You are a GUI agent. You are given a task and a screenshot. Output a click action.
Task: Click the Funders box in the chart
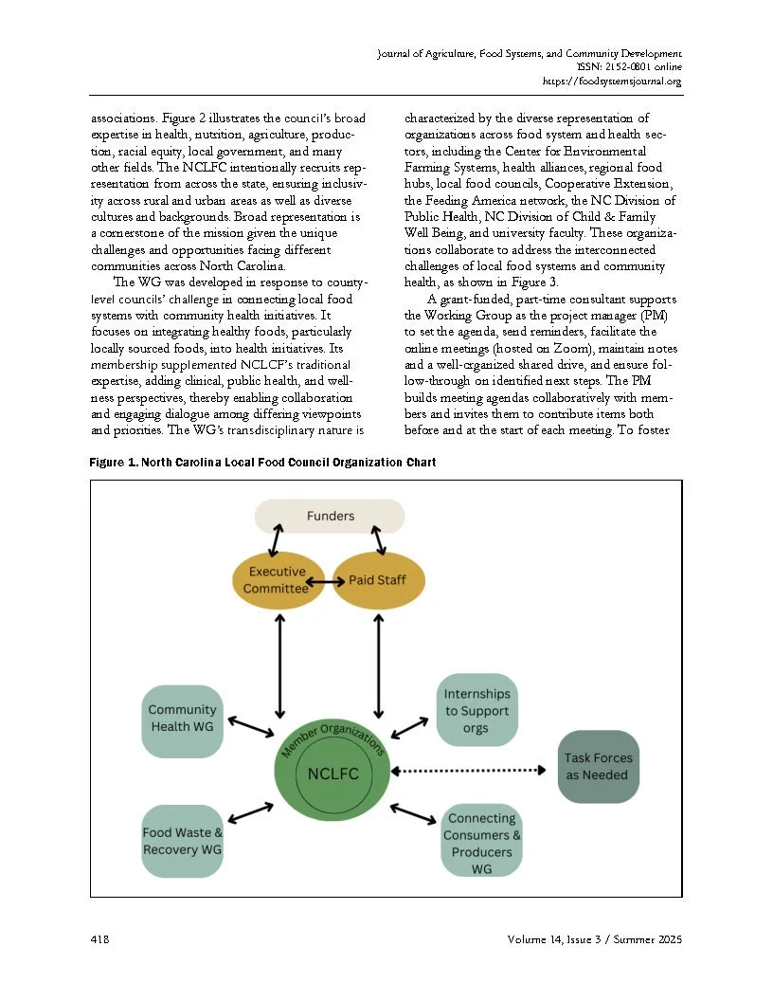[x=330, y=516]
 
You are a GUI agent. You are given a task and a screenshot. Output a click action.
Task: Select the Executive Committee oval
[x=277, y=580]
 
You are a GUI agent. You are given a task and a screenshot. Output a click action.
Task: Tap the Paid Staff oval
[x=380, y=579]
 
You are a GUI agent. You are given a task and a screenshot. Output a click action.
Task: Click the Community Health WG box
[x=183, y=719]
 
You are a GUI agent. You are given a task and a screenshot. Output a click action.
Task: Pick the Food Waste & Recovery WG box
[x=183, y=841]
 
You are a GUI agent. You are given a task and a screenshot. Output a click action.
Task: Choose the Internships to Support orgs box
[x=476, y=711]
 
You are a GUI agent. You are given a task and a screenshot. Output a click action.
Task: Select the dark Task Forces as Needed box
[x=599, y=766]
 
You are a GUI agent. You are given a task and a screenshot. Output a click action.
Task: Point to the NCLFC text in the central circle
[x=333, y=773]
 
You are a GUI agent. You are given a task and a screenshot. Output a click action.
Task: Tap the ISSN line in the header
[x=629, y=67]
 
